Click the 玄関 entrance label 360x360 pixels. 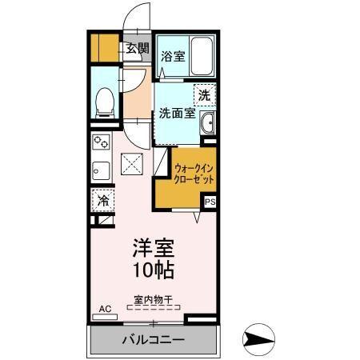[x=137, y=49]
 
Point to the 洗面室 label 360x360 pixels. [x=177, y=114]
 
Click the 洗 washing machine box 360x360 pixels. [x=205, y=94]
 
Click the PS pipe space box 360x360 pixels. [x=210, y=202]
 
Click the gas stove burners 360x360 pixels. [x=101, y=144]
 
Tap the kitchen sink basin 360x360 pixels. [x=101, y=170]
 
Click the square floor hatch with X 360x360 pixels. [x=131, y=166]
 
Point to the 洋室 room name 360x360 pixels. [x=152, y=247]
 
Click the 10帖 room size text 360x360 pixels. [x=152, y=270]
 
